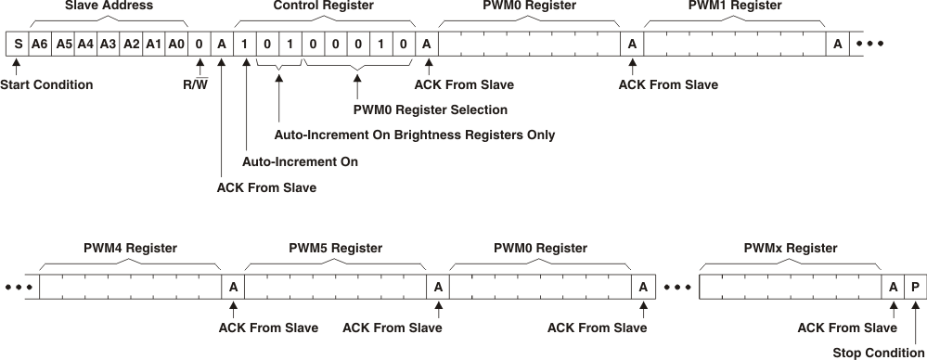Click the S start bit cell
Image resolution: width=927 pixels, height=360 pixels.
point(17,44)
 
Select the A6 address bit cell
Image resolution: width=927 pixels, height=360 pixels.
point(39,44)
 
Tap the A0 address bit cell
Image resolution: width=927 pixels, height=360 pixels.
point(176,44)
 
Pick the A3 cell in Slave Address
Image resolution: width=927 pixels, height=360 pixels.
point(108,44)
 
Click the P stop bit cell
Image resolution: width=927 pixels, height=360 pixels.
point(915,288)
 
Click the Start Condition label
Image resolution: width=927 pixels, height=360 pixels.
point(46,85)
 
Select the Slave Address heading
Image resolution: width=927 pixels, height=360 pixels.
point(109,6)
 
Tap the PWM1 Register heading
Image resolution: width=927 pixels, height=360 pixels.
point(735,6)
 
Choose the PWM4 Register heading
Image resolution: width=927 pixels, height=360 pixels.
point(130,249)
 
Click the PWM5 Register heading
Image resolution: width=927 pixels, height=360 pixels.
point(335,249)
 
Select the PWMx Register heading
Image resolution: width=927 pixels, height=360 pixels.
point(791,249)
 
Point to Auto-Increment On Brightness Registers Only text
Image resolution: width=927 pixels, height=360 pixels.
point(415,135)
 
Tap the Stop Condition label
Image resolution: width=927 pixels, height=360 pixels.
point(877,353)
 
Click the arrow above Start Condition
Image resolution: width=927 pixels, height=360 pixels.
point(16,67)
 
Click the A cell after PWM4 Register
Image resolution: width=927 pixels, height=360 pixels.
point(233,288)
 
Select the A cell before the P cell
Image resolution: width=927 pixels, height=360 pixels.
point(893,288)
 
